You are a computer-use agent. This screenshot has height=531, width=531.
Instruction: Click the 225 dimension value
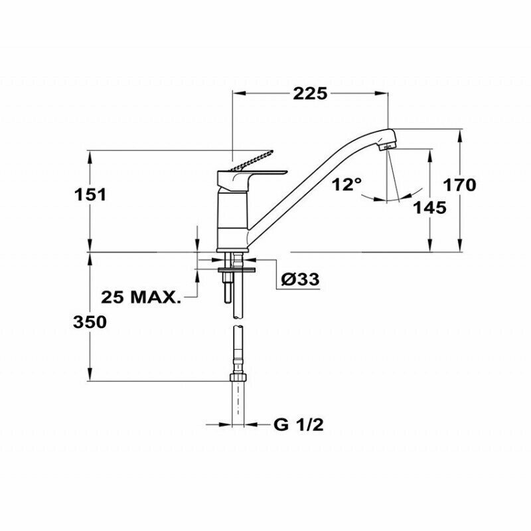tap(310, 94)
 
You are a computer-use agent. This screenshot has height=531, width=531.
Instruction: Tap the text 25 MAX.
tap(142, 296)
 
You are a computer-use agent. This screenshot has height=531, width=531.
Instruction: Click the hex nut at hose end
tap(238, 378)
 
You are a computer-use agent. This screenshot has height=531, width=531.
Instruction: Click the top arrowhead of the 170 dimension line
tap(461, 133)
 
